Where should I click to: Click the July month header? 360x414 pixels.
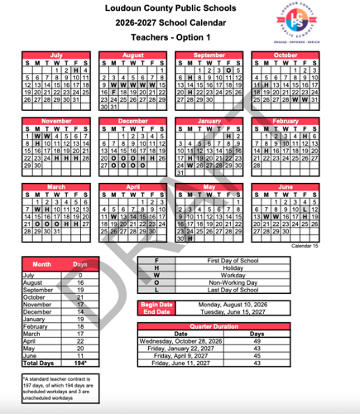pyautogui.click(x=55, y=55)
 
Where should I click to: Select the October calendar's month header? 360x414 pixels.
pyautogui.click(x=285, y=55)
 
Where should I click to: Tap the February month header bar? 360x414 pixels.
pyautogui.click(x=285, y=121)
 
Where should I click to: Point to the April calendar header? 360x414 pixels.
pyautogui.click(x=132, y=187)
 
